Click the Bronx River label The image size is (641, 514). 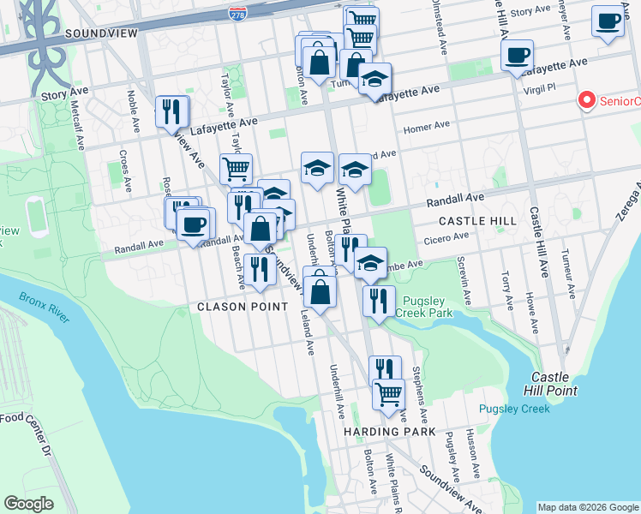(45, 308)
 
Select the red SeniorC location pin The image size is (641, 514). (588, 101)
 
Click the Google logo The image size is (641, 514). (28, 504)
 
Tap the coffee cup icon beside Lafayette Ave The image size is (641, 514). (517, 56)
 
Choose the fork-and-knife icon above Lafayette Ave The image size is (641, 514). (171, 111)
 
